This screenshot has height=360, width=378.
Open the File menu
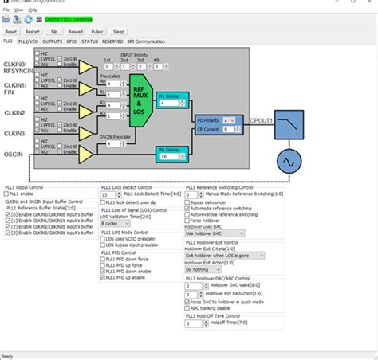click(x=6, y=10)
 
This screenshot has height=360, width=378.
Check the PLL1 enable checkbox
click(x=8, y=193)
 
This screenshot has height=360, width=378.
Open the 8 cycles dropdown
click(x=116, y=224)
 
